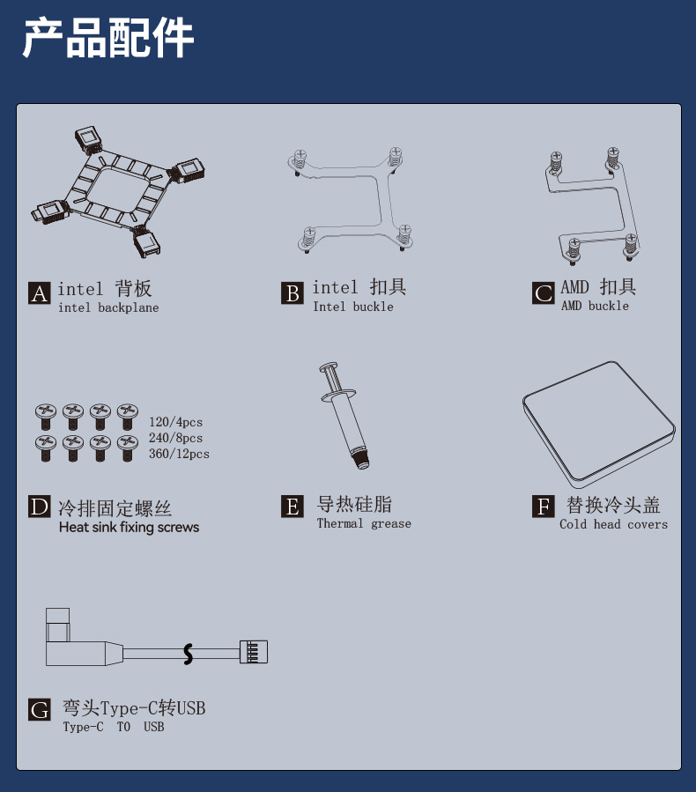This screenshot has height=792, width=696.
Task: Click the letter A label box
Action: click(x=40, y=293)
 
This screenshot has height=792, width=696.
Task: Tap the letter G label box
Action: click(x=40, y=709)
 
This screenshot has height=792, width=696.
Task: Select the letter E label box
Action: click(x=292, y=506)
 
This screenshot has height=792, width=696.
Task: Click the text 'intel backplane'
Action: click(x=108, y=307)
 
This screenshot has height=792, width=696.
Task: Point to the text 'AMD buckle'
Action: click(x=595, y=306)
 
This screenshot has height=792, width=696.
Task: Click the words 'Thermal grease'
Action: click(x=364, y=523)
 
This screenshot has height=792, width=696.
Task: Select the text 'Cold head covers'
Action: click(x=613, y=524)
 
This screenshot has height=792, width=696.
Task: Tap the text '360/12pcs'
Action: click(x=179, y=454)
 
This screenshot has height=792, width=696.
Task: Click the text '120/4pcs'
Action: click(x=175, y=422)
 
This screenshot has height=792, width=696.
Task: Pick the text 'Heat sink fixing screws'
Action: click(x=129, y=528)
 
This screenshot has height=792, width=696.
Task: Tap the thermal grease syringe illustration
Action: click(x=344, y=415)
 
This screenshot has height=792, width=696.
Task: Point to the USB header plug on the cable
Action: click(x=254, y=652)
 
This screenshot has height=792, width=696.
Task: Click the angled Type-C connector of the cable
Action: click(x=76, y=641)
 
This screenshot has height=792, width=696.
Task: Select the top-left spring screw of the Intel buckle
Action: click(x=300, y=161)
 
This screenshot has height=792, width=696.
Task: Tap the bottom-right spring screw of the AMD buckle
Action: click(x=630, y=247)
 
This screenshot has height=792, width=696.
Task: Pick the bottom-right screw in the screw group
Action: click(x=127, y=448)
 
